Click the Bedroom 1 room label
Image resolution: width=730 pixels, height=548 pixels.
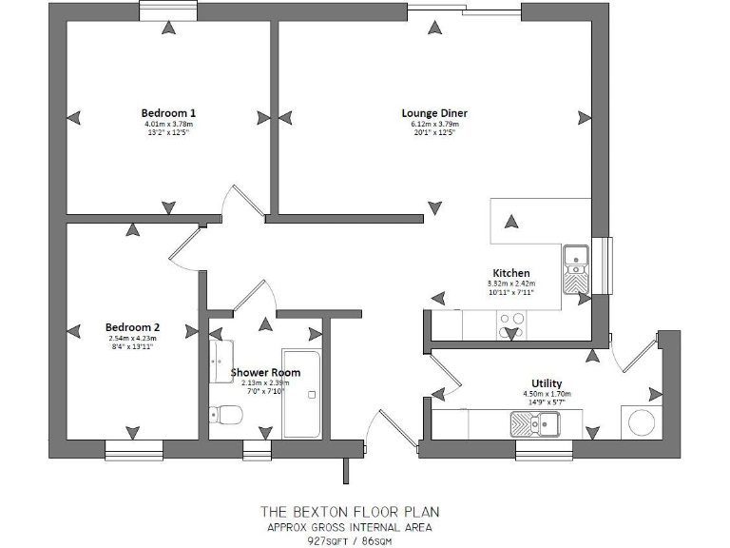[x=168, y=112]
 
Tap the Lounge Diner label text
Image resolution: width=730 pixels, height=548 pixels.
[x=434, y=112]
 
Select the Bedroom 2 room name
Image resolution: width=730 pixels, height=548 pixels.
[x=130, y=326]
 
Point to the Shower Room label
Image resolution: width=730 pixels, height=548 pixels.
[x=265, y=372]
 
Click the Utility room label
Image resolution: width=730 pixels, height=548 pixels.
[x=547, y=383]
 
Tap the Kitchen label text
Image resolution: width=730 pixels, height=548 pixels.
[x=510, y=272]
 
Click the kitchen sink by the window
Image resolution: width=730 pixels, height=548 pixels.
[x=576, y=266]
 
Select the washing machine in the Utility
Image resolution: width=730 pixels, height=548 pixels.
[x=635, y=421]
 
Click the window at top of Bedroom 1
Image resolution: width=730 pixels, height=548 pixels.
[x=168, y=10]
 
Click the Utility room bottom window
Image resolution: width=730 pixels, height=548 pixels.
[x=542, y=449]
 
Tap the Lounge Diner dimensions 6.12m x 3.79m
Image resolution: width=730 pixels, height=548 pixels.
[x=434, y=124]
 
